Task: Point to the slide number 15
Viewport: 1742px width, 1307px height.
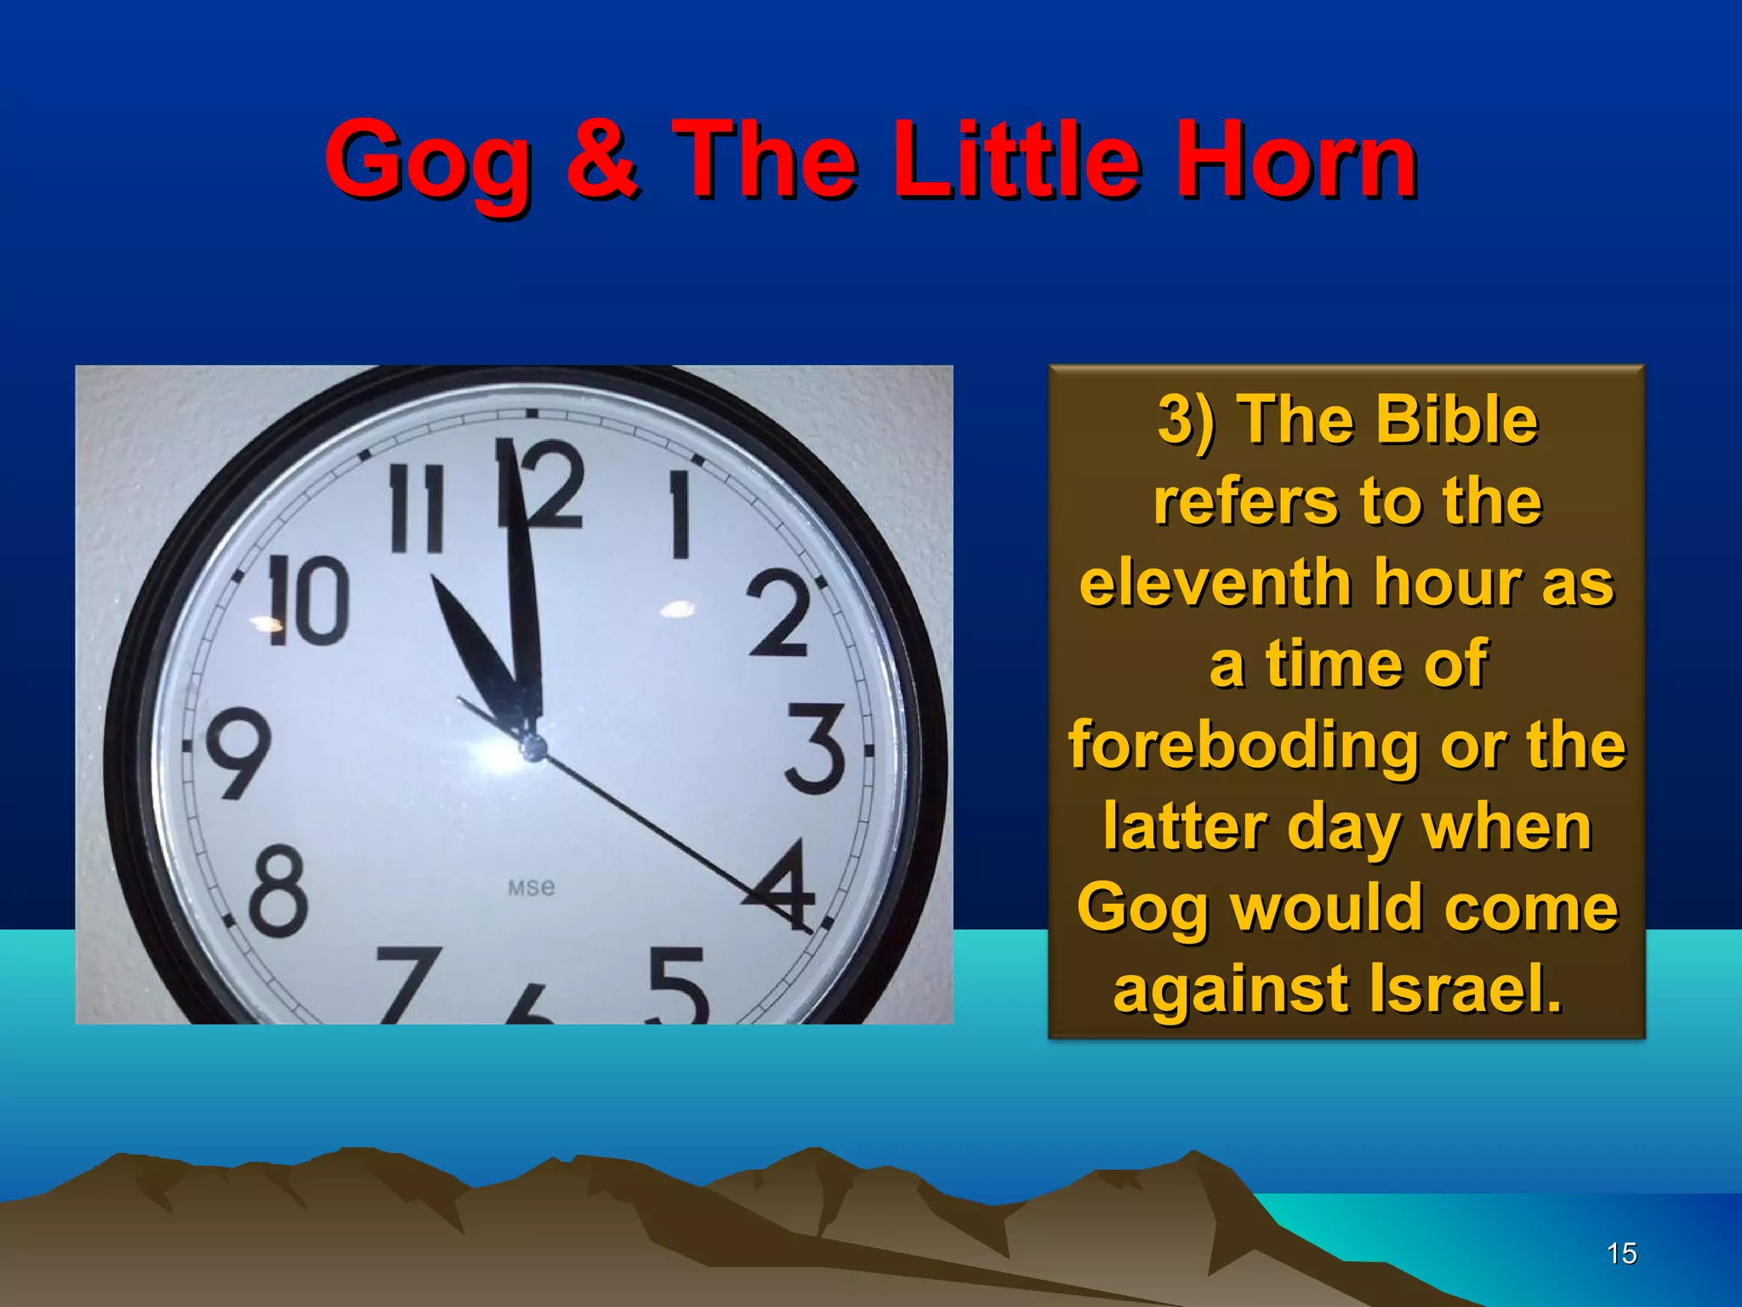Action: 1621,1253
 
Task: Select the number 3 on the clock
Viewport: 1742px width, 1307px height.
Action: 815,748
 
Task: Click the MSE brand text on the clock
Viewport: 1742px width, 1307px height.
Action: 532,888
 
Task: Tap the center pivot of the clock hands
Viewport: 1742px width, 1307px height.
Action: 533,748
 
